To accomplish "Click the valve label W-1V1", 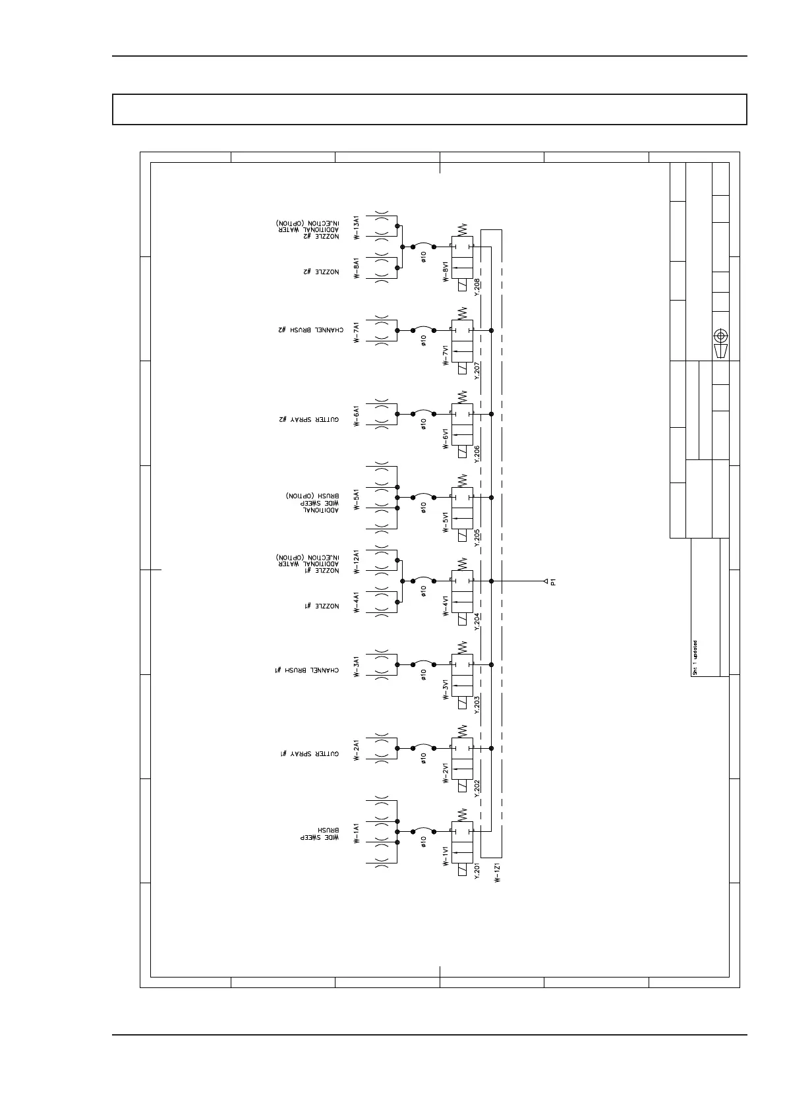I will click(446, 859).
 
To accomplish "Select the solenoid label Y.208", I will click(477, 288).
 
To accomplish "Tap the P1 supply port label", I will click(554, 581).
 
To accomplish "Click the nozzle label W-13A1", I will click(356, 227).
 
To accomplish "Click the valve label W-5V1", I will click(446, 525).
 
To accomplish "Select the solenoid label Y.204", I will click(477, 622).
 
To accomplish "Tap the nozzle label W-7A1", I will click(356, 332).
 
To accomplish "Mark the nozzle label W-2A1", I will click(356, 750).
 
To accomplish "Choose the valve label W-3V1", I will click(446, 692).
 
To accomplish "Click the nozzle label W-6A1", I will click(356, 416).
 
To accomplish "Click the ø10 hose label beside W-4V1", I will click(424, 591).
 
